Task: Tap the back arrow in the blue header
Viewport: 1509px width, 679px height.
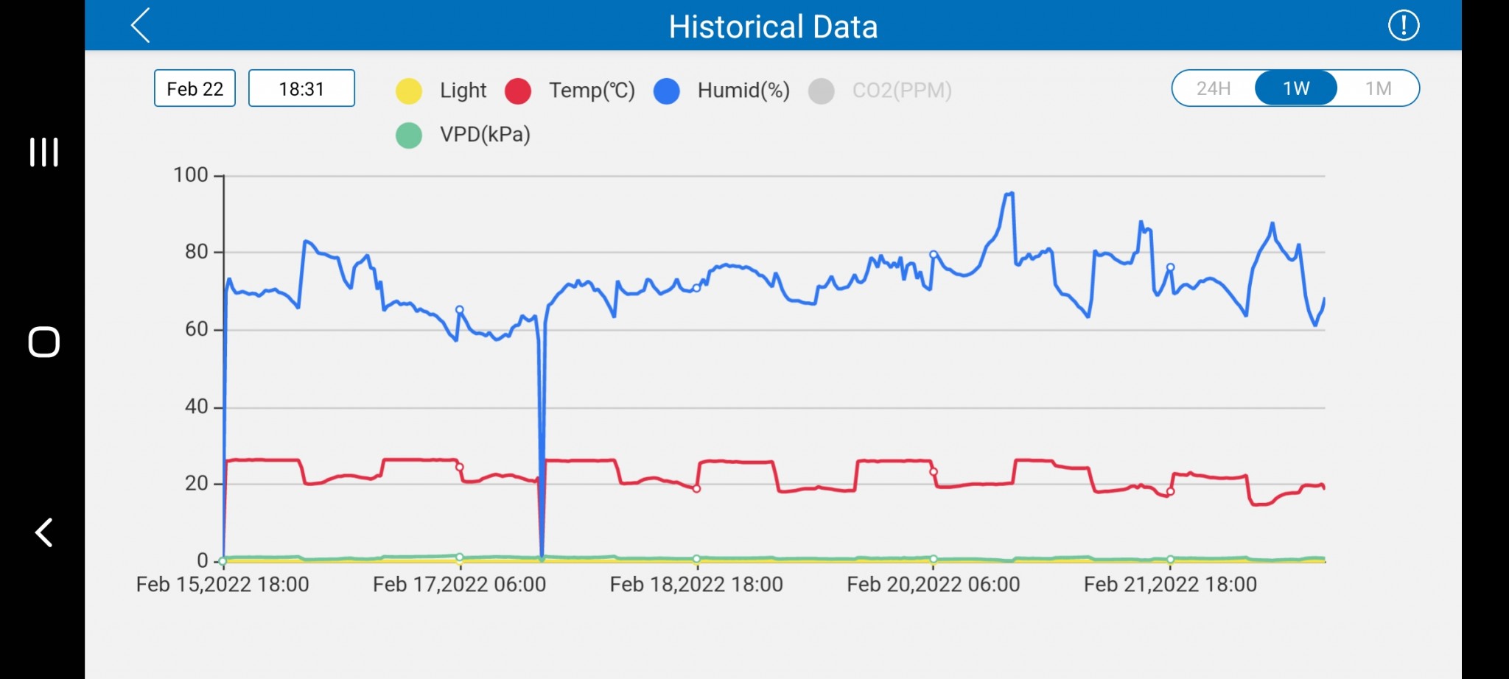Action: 141,26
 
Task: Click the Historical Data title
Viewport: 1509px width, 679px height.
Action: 773,27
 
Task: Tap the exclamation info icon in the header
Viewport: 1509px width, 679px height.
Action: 1403,26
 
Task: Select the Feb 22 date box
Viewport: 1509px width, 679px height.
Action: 195,88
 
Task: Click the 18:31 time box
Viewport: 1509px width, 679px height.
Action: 301,88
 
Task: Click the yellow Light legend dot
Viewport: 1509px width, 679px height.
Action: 409,91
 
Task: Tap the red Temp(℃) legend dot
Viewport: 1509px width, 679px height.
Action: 518,91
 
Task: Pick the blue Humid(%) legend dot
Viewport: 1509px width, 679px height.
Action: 667,91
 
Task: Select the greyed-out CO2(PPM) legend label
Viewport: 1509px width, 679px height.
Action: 901,91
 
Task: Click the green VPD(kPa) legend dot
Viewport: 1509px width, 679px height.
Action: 409,135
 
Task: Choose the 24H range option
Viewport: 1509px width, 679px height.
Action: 1214,88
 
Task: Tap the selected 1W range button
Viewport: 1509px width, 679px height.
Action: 1296,88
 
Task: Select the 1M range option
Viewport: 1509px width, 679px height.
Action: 1378,88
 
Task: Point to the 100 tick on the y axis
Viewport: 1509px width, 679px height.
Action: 191,175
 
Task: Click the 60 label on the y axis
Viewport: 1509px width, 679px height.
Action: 196,329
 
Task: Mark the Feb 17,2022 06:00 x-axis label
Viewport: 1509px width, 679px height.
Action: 459,585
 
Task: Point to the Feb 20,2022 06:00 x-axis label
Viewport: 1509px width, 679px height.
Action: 933,585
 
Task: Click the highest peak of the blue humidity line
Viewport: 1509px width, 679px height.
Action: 1011,193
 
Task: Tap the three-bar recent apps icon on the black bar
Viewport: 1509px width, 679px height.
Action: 43,152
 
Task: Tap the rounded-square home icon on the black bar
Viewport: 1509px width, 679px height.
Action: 43,342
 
